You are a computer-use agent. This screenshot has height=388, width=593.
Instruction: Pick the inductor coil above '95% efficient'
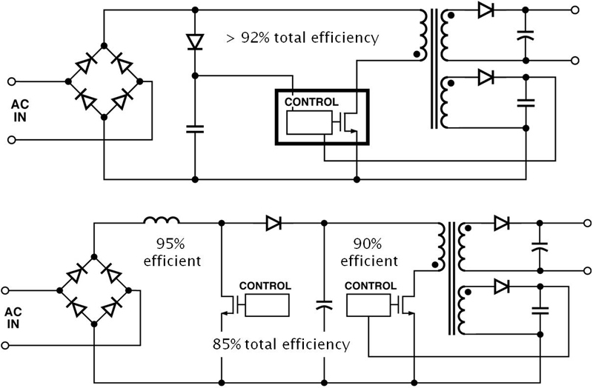coord(162,221)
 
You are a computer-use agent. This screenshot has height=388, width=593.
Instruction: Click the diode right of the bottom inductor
coord(273,221)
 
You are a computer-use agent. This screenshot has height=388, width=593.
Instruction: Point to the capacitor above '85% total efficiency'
coord(324,304)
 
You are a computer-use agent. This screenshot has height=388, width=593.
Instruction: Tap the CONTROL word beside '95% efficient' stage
coord(265,287)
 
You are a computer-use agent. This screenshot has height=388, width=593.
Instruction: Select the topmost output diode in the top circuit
coord(486,10)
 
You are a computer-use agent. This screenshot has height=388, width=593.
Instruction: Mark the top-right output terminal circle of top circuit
coord(574,10)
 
